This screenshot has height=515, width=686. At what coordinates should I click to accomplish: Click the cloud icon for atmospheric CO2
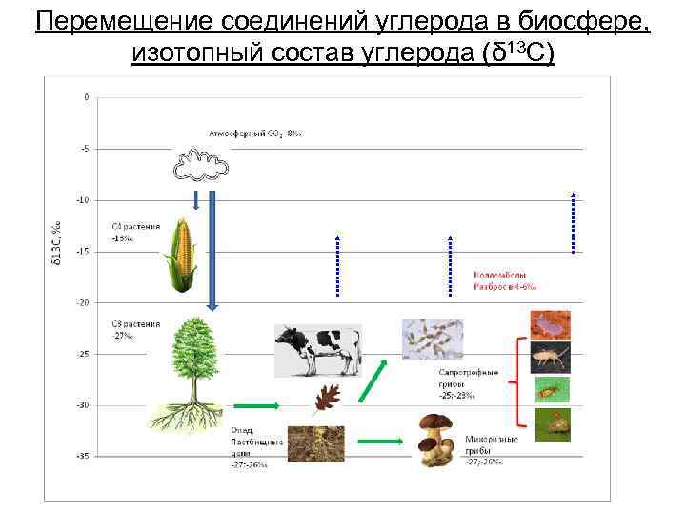click(x=201, y=164)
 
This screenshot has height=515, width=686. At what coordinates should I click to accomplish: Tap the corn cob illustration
click(x=180, y=254)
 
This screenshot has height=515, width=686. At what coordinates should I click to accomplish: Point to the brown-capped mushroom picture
click(x=440, y=440)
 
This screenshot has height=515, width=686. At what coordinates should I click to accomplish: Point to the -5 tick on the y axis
click(x=86, y=149)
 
